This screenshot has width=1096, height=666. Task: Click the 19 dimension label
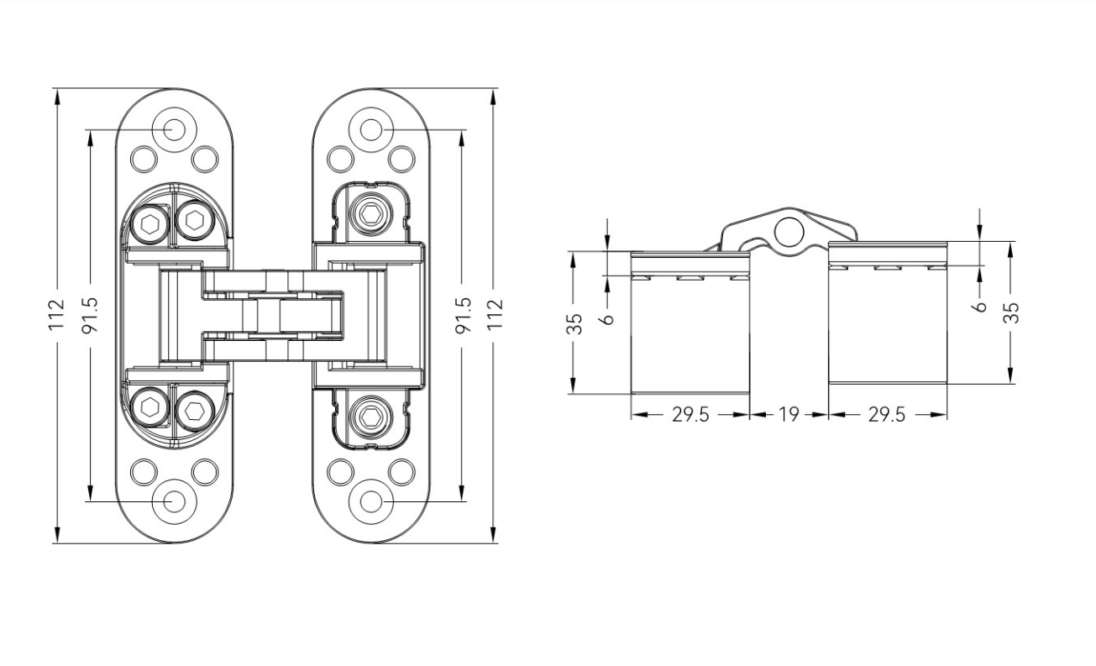[x=789, y=414]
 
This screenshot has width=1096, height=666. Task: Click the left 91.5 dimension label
[x=90, y=315]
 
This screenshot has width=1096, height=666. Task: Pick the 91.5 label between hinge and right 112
[x=463, y=315]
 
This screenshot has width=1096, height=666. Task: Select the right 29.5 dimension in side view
[x=887, y=414]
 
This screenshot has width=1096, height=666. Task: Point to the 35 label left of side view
[x=574, y=324]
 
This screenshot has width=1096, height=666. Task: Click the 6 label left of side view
[x=608, y=318]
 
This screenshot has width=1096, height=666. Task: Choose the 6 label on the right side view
[x=980, y=306]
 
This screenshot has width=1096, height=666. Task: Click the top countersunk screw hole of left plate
[x=174, y=129]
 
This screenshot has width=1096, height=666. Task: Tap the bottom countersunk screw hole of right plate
[x=370, y=501]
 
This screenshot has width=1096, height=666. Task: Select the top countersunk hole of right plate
[x=370, y=129]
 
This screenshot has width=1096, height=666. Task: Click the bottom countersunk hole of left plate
[x=174, y=501]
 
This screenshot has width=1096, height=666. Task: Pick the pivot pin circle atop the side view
[x=788, y=232]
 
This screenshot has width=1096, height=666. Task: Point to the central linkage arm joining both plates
[x=273, y=315]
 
